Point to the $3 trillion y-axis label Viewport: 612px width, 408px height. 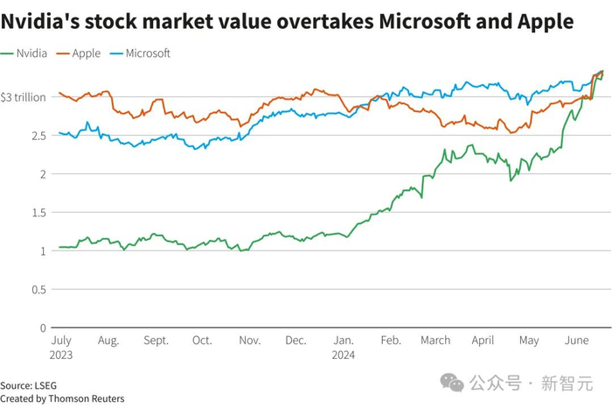point(23,97)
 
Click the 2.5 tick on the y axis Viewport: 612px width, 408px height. point(38,136)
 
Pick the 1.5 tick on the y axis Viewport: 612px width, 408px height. point(38,213)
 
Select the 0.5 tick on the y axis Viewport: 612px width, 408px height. point(38,290)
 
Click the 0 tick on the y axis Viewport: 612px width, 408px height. point(42,328)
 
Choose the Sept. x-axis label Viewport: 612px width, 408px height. point(156,341)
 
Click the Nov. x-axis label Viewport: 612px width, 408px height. point(250,341)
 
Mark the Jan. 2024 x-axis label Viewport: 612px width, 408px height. point(343,347)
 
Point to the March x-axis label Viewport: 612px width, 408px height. point(435,341)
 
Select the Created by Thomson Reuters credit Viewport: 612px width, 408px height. point(62,398)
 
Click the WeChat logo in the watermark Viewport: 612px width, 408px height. point(452,383)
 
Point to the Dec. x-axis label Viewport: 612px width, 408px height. point(296,341)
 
